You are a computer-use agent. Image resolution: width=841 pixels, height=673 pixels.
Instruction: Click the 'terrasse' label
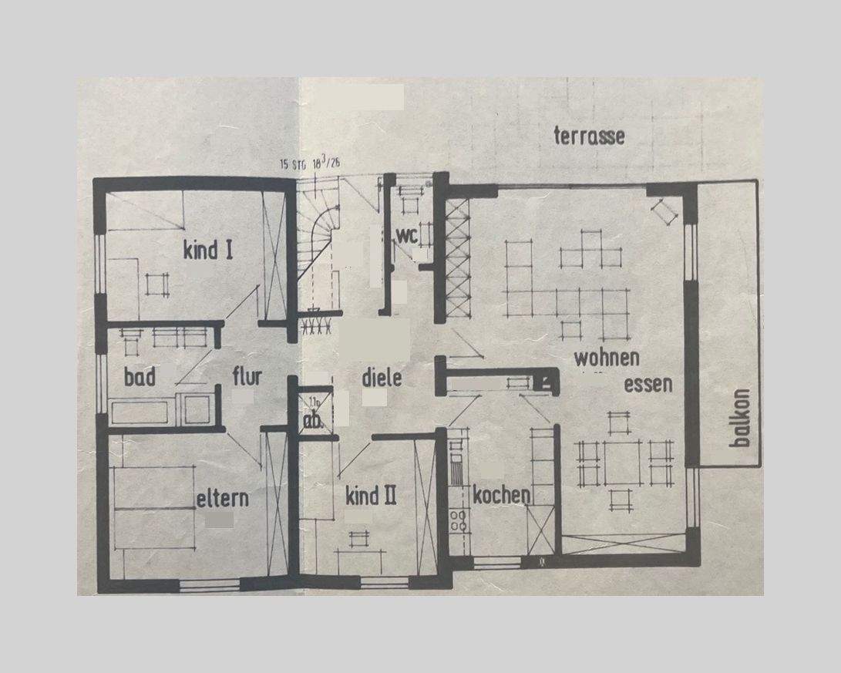tap(589, 136)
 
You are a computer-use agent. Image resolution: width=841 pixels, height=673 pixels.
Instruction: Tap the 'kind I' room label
tap(208, 250)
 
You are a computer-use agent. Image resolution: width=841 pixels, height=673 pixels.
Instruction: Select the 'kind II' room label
tap(371, 495)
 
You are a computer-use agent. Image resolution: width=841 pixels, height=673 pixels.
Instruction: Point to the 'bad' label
tap(140, 377)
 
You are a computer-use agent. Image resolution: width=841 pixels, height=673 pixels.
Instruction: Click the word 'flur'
tap(247, 377)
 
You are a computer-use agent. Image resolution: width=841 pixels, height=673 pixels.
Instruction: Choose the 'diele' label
tap(382, 379)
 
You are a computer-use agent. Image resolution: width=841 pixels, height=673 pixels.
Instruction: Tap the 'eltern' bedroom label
tap(222, 498)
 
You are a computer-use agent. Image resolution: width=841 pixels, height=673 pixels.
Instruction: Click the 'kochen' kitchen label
tap(501, 495)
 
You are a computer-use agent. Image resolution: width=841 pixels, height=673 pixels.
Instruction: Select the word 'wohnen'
tap(606, 358)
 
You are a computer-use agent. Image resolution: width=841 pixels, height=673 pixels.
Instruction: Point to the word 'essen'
tap(648, 384)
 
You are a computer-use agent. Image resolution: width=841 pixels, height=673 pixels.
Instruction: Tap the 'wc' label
tap(406, 234)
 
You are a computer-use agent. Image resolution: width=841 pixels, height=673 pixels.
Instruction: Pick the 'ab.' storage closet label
tap(312, 422)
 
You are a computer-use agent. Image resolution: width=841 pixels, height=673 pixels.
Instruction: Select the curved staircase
tap(320, 231)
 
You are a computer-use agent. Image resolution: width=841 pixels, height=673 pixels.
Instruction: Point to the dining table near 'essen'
tap(624, 463)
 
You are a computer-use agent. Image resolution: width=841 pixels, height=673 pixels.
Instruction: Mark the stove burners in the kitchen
tap(459, 522)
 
